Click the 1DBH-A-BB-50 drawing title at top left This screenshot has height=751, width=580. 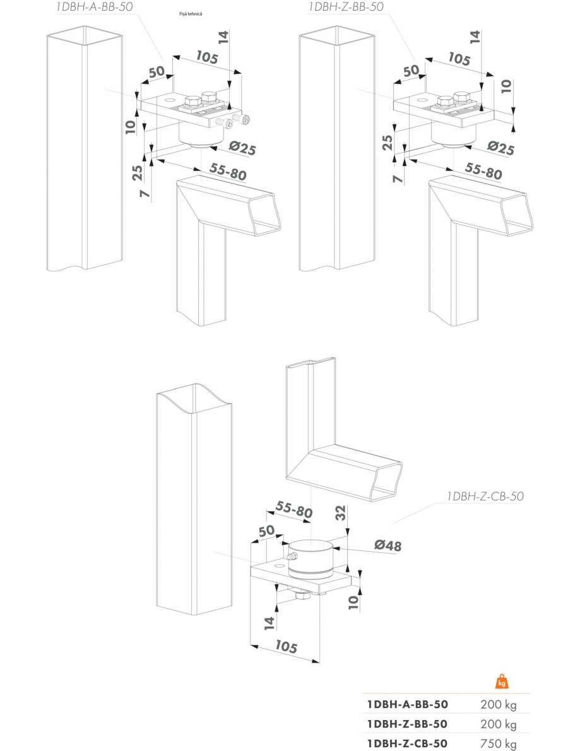pos(94,7)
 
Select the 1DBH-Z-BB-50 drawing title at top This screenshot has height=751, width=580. pos(346,7)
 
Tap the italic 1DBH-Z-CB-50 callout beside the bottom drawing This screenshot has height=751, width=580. pos(485,496)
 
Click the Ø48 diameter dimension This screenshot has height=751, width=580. pos(388,545)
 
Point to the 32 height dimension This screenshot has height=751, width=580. pos(340,513)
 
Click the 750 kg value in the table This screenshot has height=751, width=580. pos(498,744)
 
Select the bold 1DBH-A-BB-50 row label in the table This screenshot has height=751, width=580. pos(408,704)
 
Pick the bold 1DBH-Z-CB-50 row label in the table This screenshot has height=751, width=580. pos(408,743)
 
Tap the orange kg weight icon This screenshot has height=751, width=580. pos(502,681)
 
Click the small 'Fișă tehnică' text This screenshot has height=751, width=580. pos(191,14)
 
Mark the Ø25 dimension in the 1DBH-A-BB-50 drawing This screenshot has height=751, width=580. pos(242,148)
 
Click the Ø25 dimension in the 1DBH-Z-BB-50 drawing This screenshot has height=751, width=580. pos(501,148)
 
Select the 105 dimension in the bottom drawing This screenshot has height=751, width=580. pos(286,647)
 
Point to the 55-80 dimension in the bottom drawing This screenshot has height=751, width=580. pos(293,510)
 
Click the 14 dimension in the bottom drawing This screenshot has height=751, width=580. pos(269,623)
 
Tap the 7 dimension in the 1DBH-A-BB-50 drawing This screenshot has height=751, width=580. pos(145,194)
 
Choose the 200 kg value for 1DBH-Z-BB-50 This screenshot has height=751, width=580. pos(498,724)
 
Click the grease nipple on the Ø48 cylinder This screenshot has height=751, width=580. pos(291,557)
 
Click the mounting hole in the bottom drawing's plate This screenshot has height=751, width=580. pos(277,565)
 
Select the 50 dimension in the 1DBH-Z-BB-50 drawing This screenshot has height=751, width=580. pos(411,71)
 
